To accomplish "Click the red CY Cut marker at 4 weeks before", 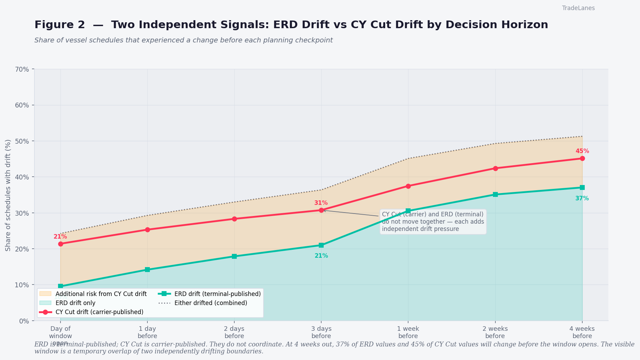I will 582,159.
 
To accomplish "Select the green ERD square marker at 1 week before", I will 408,211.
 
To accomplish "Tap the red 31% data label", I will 321,203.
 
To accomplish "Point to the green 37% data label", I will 582,199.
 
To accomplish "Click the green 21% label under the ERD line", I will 321,256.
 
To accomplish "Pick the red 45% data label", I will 582,151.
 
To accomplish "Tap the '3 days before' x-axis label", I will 321,332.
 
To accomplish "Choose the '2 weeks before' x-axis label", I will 495,332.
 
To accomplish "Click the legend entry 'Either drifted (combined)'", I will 211,303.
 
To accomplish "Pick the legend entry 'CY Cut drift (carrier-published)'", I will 99,312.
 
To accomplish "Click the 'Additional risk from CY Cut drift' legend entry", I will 101,294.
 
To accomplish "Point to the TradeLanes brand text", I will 578,8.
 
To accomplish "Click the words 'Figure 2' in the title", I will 59,25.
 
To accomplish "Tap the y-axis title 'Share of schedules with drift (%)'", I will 8,195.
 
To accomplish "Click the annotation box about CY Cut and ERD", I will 433,222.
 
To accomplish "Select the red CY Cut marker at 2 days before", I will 234,219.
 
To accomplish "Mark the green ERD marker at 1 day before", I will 147,270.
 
